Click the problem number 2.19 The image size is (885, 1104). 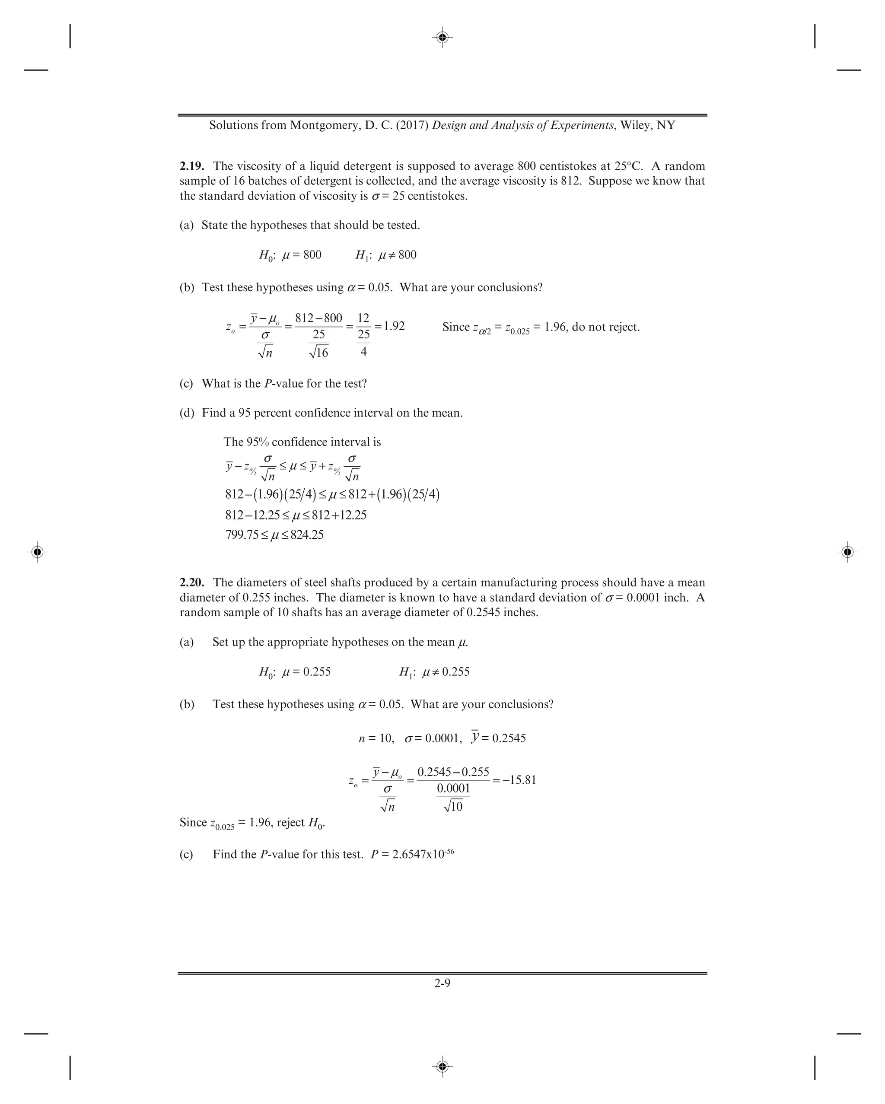[x=191, y=166]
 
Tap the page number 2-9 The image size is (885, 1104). [x=442, y=983]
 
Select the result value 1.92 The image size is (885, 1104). [x=394, y=326]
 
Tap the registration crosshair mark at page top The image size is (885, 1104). [x=443, y=37]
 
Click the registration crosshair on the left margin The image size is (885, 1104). [x=37, y=552]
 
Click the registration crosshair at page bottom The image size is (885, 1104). [x=443, y=1066]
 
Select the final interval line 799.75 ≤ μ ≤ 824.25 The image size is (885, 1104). [x=274, y=535]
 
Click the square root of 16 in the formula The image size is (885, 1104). [x=318, y=352]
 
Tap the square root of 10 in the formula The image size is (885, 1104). [x=453, y=806]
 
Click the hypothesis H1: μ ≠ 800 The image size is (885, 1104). [x=385, y=255]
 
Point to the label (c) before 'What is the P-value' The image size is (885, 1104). [x=186, y=384]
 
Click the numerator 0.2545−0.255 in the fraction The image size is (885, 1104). [x=453, y=772]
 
